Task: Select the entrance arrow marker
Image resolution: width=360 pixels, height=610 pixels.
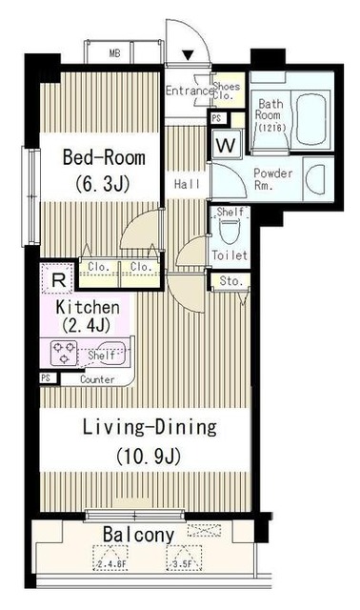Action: click(x=188, y=54)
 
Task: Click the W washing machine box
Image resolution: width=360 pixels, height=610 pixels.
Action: click(x=226, y=145)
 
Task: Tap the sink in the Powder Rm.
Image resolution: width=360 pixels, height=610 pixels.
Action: click(x=317, y=177)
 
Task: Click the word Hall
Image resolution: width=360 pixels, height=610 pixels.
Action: click(x=186, y=183)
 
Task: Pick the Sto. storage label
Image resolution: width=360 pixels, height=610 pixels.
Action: click(x=230, y=282)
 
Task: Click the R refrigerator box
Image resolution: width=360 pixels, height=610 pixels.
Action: click(x=58, y=280)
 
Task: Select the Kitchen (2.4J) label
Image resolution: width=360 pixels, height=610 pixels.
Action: click(x=87, y=316)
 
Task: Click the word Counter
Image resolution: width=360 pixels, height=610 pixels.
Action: click(x=97, y=379)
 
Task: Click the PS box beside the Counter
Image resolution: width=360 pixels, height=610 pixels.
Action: click(x=45, y=378)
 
